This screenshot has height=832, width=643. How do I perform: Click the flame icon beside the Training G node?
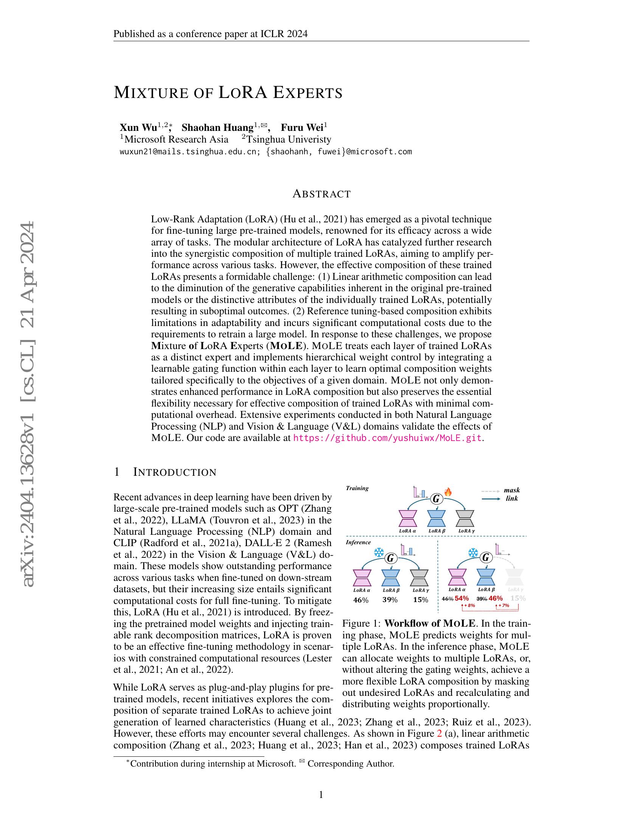click(x=448, y=492)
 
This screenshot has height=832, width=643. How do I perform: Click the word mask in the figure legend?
click(x=512, y=490)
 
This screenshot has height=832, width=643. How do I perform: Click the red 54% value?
click(x=462, y=599)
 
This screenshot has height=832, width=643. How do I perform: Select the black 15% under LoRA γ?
click(x=421, y=600)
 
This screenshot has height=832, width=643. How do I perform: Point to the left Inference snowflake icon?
click(x=379, y=553)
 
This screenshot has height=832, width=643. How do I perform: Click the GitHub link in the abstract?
click(x=387, y=438)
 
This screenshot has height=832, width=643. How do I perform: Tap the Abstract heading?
click(x=321, y=194)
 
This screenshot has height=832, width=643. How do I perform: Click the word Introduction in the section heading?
click(x=175, y=472)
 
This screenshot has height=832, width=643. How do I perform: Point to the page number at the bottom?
click(x=321, y=795)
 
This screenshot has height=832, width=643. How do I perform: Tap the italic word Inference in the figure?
click(x=358, y=542)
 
